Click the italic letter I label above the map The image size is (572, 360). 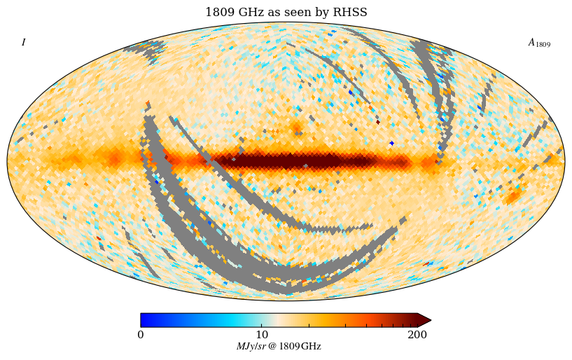pyautogui.click(x=23, y=43)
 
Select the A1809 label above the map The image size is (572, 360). pyautogui.click(x=538, y=43)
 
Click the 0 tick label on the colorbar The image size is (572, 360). pyautogui.click(x=141, y=335)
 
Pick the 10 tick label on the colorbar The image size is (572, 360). pyautogui.click(x=262, y=335)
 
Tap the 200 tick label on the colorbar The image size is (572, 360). pyautogui.click(x=417, y=335)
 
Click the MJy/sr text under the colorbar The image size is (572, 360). pyautogui.click(x=251, y=347)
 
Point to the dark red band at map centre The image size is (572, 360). pyautogui.click(x=301, y=162)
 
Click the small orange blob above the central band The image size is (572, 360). pyautogui.click(x=297, y=127)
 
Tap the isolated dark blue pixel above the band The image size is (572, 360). pyautogui.click(x=391, y=143)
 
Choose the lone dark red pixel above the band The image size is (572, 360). pyautogui.click(x=378, y=122)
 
